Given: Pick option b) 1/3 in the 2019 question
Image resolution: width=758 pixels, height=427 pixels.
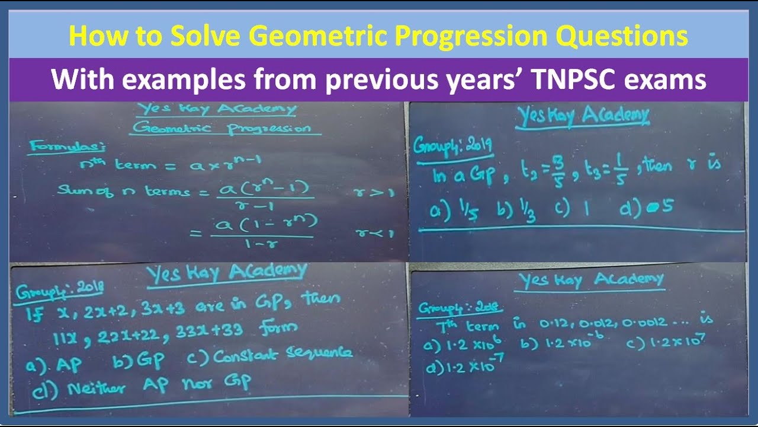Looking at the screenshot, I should pyautogui.click(x=520, y=211).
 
